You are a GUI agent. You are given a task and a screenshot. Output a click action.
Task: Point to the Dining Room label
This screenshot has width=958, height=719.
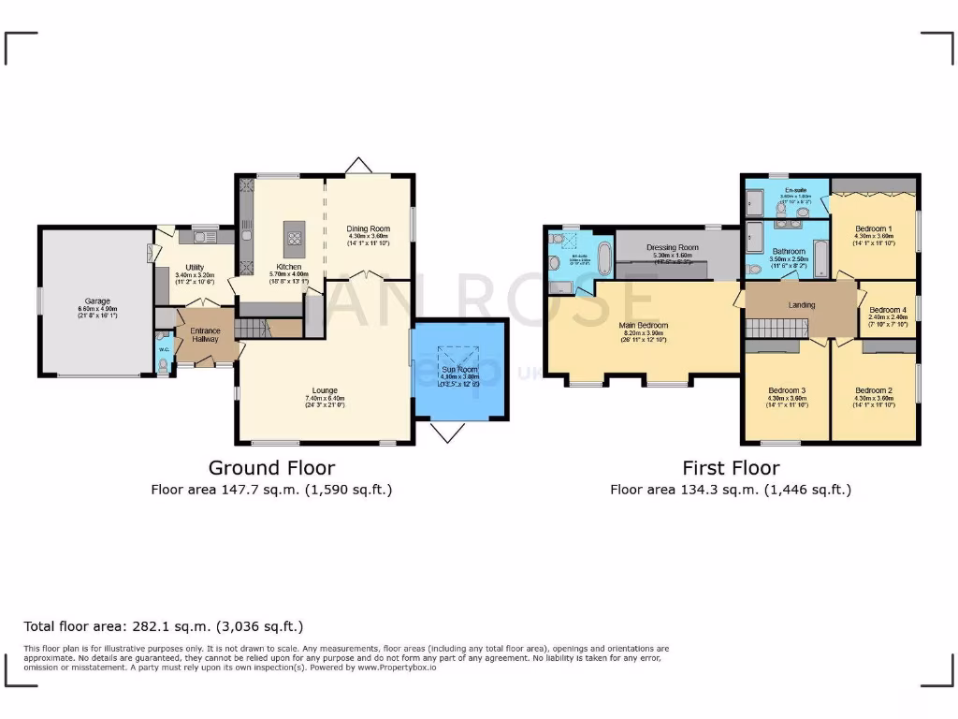coord(368,228)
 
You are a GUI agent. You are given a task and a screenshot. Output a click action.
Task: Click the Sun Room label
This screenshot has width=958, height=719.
coord(458,370)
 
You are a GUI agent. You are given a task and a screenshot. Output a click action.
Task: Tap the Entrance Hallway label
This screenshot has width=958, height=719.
coord(206,335)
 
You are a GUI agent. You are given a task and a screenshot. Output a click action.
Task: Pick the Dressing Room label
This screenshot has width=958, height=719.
coord(675,248)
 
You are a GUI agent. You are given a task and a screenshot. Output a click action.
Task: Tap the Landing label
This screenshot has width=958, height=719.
coord(802,305)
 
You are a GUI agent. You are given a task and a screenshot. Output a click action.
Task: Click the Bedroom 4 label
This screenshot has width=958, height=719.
coord(887,311)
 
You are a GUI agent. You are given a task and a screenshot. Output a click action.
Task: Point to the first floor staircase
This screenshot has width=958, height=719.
coord(775,328)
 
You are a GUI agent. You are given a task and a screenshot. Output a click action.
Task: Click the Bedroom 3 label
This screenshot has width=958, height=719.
coord(787,390)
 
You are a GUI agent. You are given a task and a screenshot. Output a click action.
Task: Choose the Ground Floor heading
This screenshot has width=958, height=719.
coord(271,467)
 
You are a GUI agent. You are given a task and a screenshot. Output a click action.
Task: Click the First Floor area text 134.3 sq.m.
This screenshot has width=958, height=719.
coord(731,489)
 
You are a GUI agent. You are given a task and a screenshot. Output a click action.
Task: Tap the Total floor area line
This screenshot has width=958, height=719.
coord(163,626)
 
